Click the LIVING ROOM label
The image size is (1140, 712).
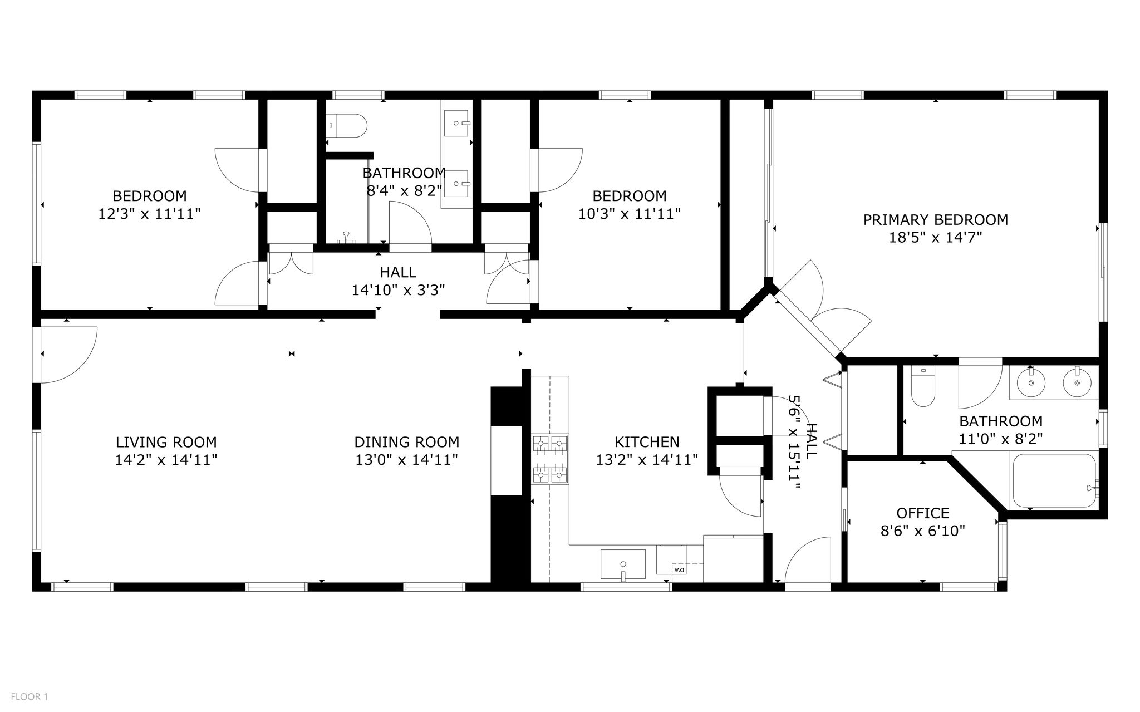(166, 443)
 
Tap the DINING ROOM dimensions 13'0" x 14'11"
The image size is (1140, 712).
(407, 460)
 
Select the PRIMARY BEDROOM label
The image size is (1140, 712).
(936, 220)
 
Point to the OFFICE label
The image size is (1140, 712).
(922, 513)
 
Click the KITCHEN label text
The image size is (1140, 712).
(647, 443)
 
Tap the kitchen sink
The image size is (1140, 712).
(623, 564)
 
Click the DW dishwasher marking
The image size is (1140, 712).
(679, 570)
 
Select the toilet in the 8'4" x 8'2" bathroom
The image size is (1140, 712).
(346, 125)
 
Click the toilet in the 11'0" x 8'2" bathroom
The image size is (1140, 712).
(923, 386)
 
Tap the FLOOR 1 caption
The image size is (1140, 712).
(30, 696)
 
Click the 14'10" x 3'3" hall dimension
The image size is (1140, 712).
(398, 291)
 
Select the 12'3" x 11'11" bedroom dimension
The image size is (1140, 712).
(149, 214)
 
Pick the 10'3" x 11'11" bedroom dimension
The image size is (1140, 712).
(629, 214)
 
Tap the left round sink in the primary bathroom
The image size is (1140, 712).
(1031, 383)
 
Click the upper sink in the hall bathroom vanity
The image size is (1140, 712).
(456, 123)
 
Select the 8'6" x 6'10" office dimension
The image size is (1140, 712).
(922, 531)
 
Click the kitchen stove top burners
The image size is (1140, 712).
(551, 459)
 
